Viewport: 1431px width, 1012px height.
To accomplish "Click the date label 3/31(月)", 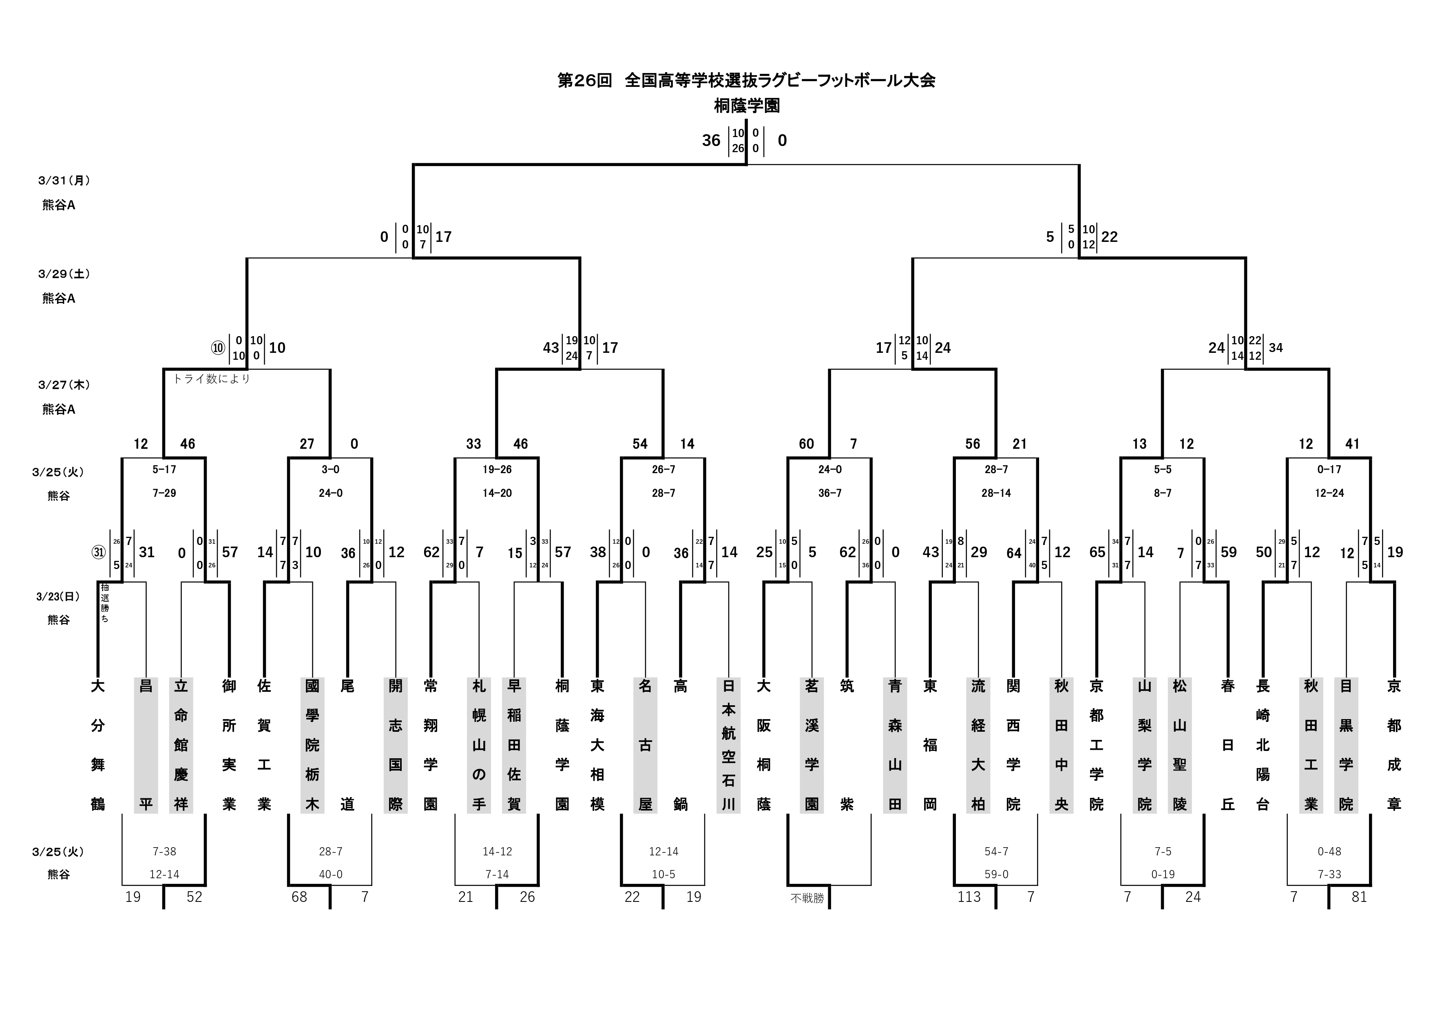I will tap(64, 181).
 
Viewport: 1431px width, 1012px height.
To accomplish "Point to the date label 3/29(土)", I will tap(64, 274).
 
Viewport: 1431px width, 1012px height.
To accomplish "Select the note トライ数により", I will tap(211, 379).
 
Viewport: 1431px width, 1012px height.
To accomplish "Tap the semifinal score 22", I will tap(1109, 237).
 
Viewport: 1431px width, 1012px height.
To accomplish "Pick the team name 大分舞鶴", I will tap(98, 745).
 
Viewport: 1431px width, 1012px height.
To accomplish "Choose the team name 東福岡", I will tap(930, 745).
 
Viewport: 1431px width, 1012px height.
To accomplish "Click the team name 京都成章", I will tap(1394, 745).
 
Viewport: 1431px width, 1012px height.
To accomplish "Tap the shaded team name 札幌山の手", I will tap(479, 745).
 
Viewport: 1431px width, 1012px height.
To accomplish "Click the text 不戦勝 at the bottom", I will tap(807, 899).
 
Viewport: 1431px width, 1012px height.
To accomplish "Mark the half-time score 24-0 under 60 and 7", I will tap(829, 469).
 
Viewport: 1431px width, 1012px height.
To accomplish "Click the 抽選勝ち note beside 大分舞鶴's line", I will tap(105, 603).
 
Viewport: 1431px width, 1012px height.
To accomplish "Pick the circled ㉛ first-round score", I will tap(98, 552).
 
